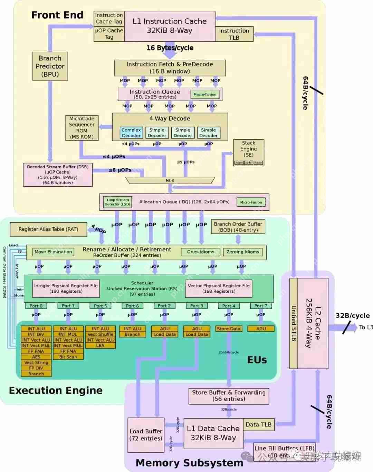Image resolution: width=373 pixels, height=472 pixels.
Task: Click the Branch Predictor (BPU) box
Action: (50, 66)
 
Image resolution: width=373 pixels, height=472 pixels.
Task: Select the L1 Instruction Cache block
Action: (169, 26)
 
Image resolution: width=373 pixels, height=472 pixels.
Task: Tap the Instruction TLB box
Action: (234, 34)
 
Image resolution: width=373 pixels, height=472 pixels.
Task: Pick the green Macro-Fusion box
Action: (205, 94)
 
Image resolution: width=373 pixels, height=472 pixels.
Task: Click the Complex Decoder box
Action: (131, 133)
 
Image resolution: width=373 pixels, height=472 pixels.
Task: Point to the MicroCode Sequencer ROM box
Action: (82, 128)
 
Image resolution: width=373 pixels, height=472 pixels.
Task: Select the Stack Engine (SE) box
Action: (248, 152)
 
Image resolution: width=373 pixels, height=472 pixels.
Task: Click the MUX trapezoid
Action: (170, 180)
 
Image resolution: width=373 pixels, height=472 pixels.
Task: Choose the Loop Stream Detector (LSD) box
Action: (117, 202)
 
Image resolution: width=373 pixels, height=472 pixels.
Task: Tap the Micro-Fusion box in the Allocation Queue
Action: (251, 202)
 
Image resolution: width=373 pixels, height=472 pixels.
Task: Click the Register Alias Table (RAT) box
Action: (48, 229)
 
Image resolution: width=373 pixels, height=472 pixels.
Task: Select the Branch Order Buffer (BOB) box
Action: (238, 227)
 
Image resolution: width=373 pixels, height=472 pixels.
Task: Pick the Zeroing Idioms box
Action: (242, 252)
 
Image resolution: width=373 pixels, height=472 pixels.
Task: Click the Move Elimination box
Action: (53, 252)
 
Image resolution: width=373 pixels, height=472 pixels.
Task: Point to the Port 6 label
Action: (132, 306)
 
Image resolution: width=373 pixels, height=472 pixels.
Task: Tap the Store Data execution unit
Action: (229, 329)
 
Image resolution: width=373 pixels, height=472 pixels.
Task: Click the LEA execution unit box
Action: (100, 345)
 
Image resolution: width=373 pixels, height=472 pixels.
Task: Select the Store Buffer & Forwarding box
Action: (229, 396)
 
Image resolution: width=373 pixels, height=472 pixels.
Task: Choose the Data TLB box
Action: (258, 425)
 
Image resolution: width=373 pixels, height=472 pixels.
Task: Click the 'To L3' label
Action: (366, 327)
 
